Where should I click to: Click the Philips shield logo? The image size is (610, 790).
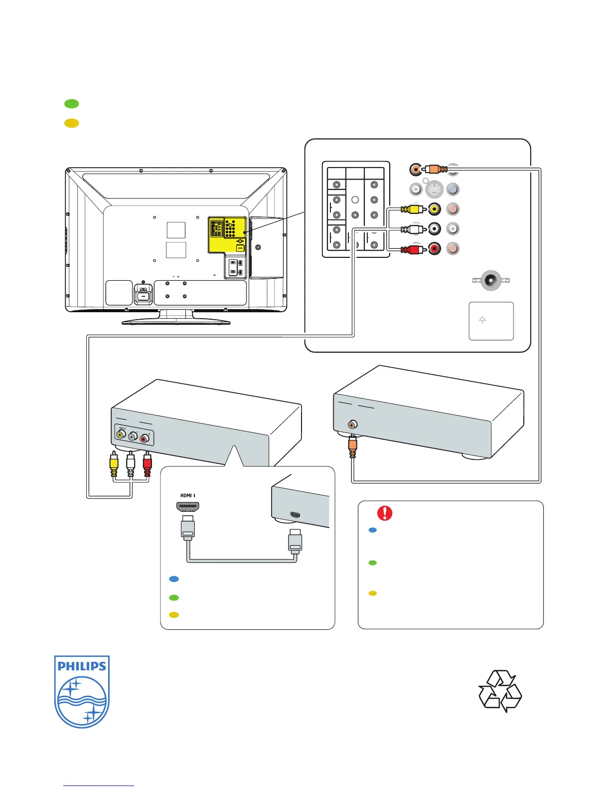pos(82,691)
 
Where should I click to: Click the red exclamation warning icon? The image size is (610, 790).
pos(385,513)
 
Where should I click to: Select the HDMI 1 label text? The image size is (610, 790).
pos(188,495)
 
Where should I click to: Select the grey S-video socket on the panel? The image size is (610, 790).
pos(434,190)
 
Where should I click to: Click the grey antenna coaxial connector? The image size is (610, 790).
pos(491,281)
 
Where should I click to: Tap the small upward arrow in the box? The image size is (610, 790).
pos(482,320)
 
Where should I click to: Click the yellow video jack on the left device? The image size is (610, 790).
pos(121,434)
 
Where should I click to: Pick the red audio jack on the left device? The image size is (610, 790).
pos(144,438)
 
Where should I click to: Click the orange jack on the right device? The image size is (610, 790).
pos(352,425)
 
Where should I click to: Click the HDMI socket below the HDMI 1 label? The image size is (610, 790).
pos(188,508)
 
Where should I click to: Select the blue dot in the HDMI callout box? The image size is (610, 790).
pos(174,579)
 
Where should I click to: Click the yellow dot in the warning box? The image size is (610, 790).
pos(372,593)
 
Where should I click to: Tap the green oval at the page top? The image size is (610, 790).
pos(72,104)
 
